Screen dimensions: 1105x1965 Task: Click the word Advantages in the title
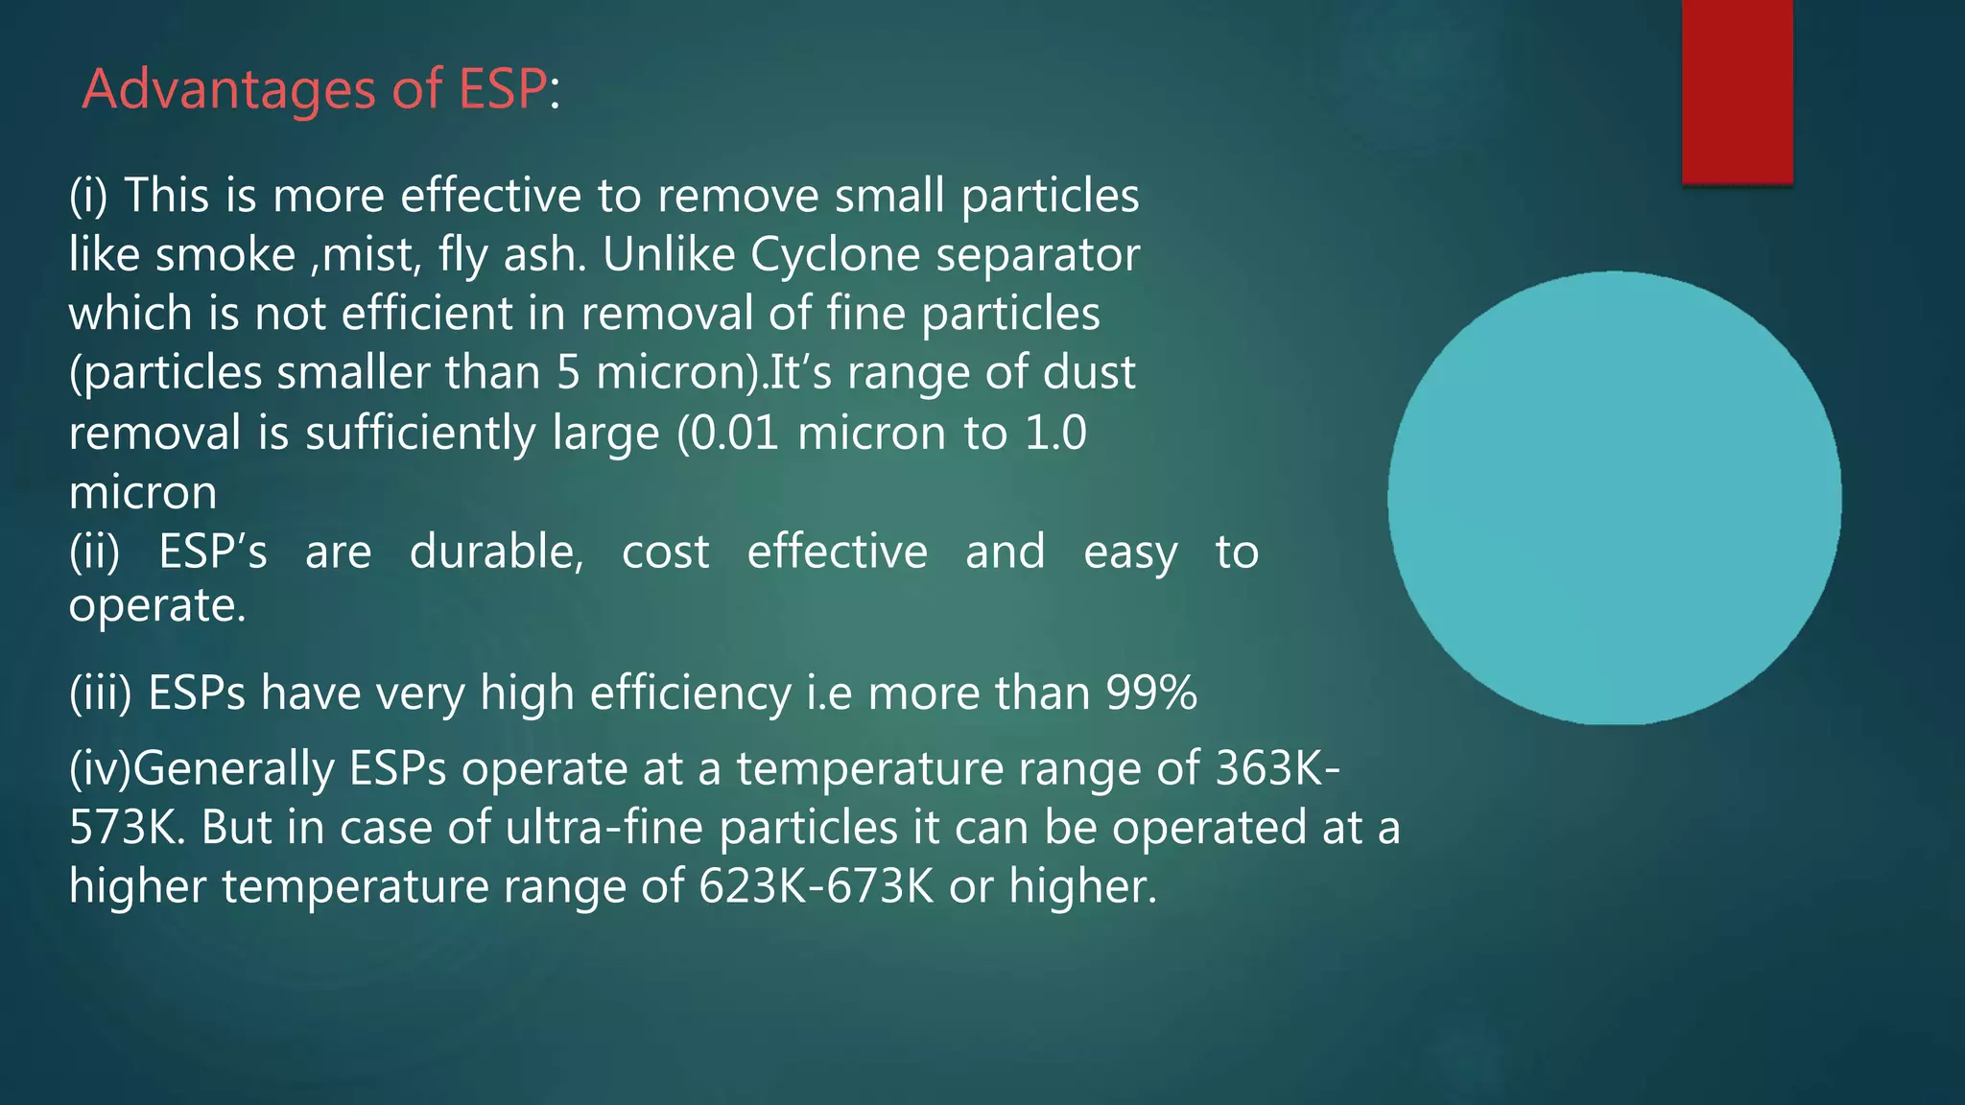(229, 90)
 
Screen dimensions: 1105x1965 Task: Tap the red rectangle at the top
(1737, 91)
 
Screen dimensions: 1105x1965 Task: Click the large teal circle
(1614, 497)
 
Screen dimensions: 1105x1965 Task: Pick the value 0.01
(734, 433)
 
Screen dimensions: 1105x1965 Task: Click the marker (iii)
(101, 694)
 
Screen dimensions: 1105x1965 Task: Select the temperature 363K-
(1277, 768)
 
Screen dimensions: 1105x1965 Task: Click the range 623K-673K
(816, 885)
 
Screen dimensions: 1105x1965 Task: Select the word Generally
(233, 768)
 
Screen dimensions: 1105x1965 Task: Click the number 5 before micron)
(569, 373)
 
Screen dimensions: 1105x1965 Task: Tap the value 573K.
(124, 827)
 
